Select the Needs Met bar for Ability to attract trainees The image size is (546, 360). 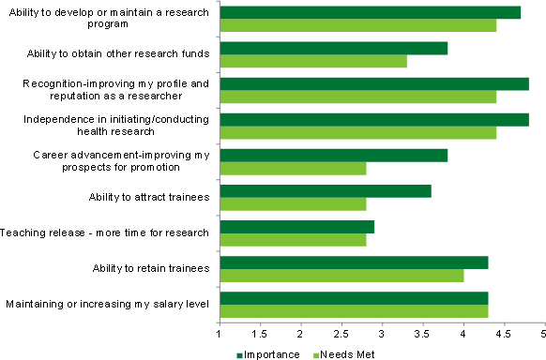[x=293, y=204]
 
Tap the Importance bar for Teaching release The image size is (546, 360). [x=296, y=227]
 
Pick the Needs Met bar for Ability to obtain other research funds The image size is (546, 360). [x=313, y=61]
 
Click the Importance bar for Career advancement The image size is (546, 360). [x=333, y=156]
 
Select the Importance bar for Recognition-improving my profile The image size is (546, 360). [x=374, y=83]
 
